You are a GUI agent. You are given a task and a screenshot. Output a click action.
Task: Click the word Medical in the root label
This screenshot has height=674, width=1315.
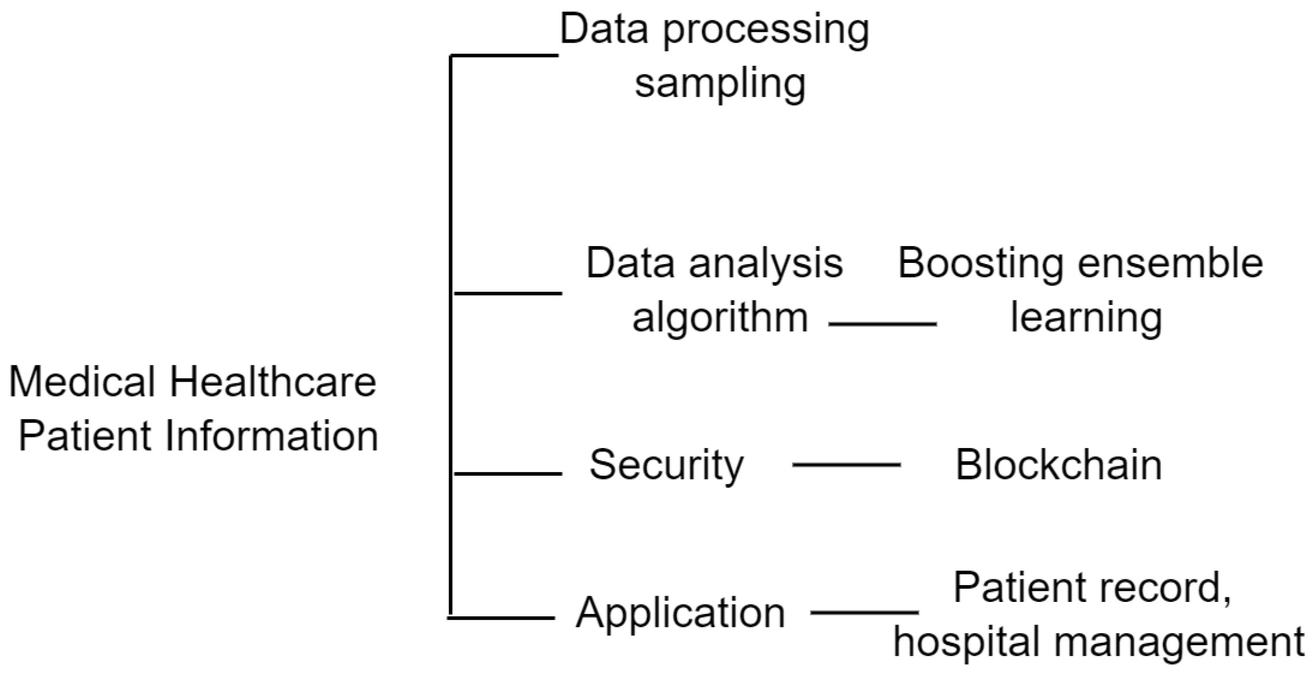click(81, 382)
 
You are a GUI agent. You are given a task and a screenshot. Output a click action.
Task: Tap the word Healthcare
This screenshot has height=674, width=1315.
click(272, 382)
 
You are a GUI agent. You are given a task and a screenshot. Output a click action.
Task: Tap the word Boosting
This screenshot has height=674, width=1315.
click(980, 263)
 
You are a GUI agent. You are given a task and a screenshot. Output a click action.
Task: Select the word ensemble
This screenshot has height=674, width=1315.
click(1170, 263)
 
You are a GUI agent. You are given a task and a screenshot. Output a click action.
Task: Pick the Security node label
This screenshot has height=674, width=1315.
click(666, 465)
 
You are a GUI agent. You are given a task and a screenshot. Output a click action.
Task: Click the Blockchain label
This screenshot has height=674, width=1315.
click(1059, 465)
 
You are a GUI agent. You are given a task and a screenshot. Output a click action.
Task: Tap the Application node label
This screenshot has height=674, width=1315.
click(680, 612)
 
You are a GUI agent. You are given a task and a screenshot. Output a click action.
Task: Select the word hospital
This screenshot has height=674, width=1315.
click(968, 642)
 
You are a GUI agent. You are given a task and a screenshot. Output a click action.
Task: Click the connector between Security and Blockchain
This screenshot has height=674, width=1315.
click(846, 465)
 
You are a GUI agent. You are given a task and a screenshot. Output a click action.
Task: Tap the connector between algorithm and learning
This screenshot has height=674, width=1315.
click(882, 325)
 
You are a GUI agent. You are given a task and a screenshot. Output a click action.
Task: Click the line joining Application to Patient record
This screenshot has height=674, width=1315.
click(864, 612)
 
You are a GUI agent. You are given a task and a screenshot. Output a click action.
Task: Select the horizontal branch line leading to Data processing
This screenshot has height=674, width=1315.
click(504, 55)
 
